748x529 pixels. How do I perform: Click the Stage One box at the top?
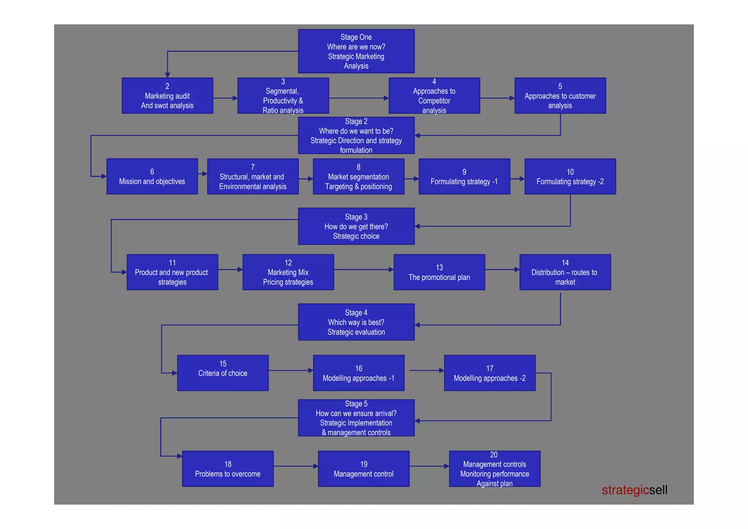point(356,51)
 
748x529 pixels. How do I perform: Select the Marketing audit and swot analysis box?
point(167,96)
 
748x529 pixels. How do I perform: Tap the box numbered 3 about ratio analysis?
point(283,96)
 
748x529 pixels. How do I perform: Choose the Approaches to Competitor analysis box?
point(434,96)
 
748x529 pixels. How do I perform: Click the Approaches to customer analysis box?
point(560,96)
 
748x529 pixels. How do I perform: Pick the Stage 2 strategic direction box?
point(356,136)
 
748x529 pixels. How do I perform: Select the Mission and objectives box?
point(152,177)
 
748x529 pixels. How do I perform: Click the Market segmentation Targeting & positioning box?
point(358,177)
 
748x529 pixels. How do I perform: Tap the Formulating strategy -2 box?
point(570,177)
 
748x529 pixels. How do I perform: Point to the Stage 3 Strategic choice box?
point(356,226)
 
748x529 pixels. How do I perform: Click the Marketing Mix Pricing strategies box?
point(288,272)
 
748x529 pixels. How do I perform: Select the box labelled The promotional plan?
point(439,272)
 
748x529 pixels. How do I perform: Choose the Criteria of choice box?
point(223,373)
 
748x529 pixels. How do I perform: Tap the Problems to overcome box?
point(228,469)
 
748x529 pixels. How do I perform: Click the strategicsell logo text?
point(634,490)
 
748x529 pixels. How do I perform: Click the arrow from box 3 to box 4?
point(359,98)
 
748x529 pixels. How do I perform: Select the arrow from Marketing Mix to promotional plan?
point(364,270)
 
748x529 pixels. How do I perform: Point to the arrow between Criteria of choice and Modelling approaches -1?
point(291,371)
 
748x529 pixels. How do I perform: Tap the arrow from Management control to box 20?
point(429,466)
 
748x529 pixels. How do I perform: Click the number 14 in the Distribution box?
point(565,263)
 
